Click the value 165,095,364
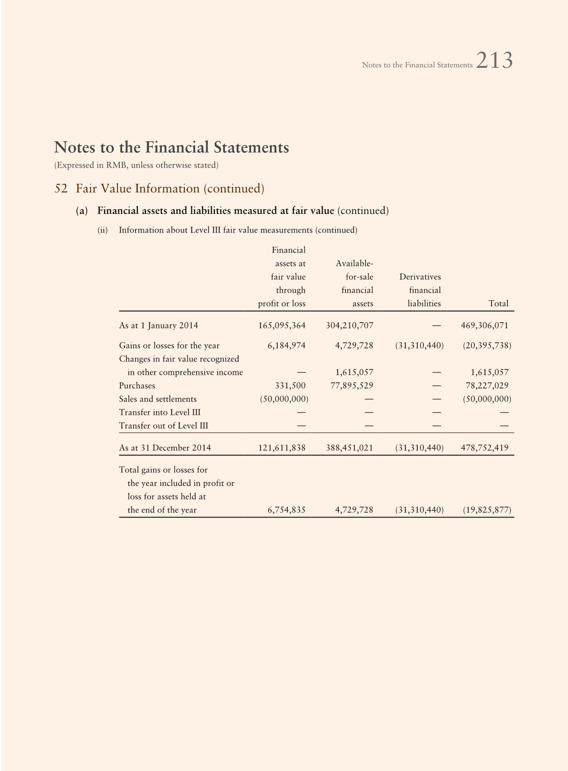(x=282, y=326)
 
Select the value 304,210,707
(x=349, y=326)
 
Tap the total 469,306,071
(x=484, y=326)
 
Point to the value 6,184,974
(x=286, y=346)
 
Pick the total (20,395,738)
(x=487, y=346)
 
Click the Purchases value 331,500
(x=290, y=386)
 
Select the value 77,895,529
(x=352, y=386)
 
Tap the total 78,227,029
(x=487, y=386)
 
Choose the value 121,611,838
(x=282, y=448)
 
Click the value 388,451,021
(x=349, y=448)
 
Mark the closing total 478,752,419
(x=484, y=448)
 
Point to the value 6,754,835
(x=286, y=510)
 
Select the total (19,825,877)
(x=487, y=510)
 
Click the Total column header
(x=498, y=304)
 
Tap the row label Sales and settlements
(x=158, y=399)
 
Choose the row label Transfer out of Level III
(x=163, y=426)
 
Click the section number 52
(x=61, y=189)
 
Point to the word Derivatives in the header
(x=420, y=277)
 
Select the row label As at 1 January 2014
(x=158, y=326)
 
